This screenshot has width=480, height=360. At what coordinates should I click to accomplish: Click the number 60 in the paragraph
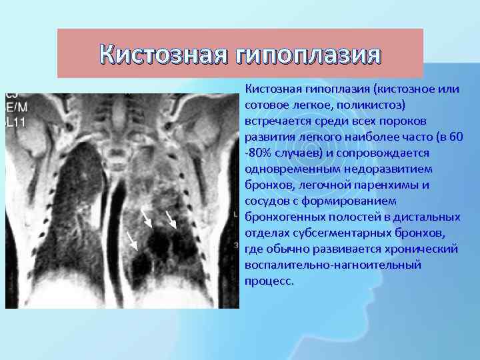pos(456,137)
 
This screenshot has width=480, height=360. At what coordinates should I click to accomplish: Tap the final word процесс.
pos(269,281)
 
